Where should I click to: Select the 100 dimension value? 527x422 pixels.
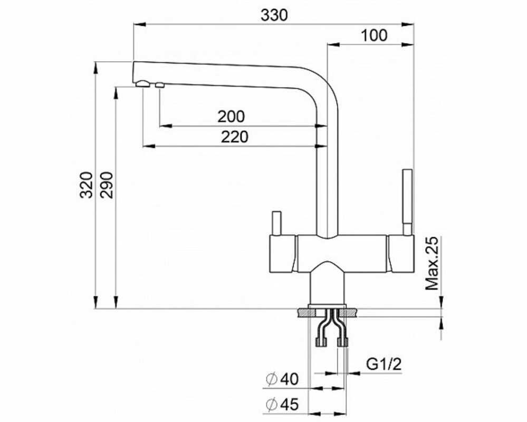coord(375,36)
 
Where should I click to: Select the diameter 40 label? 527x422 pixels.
coord(283,379)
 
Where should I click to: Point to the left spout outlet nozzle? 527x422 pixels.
coord(142,83)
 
